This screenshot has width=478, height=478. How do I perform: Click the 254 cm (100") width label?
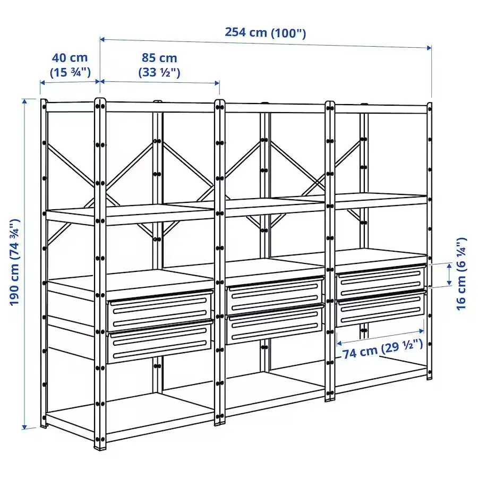(x=265, y=32)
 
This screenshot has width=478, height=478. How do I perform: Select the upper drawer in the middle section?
(x=275, y=295)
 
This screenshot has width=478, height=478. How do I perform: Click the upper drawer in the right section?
(x=381, y=280)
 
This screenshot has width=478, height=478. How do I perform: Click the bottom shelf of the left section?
(x=133, y=414)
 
